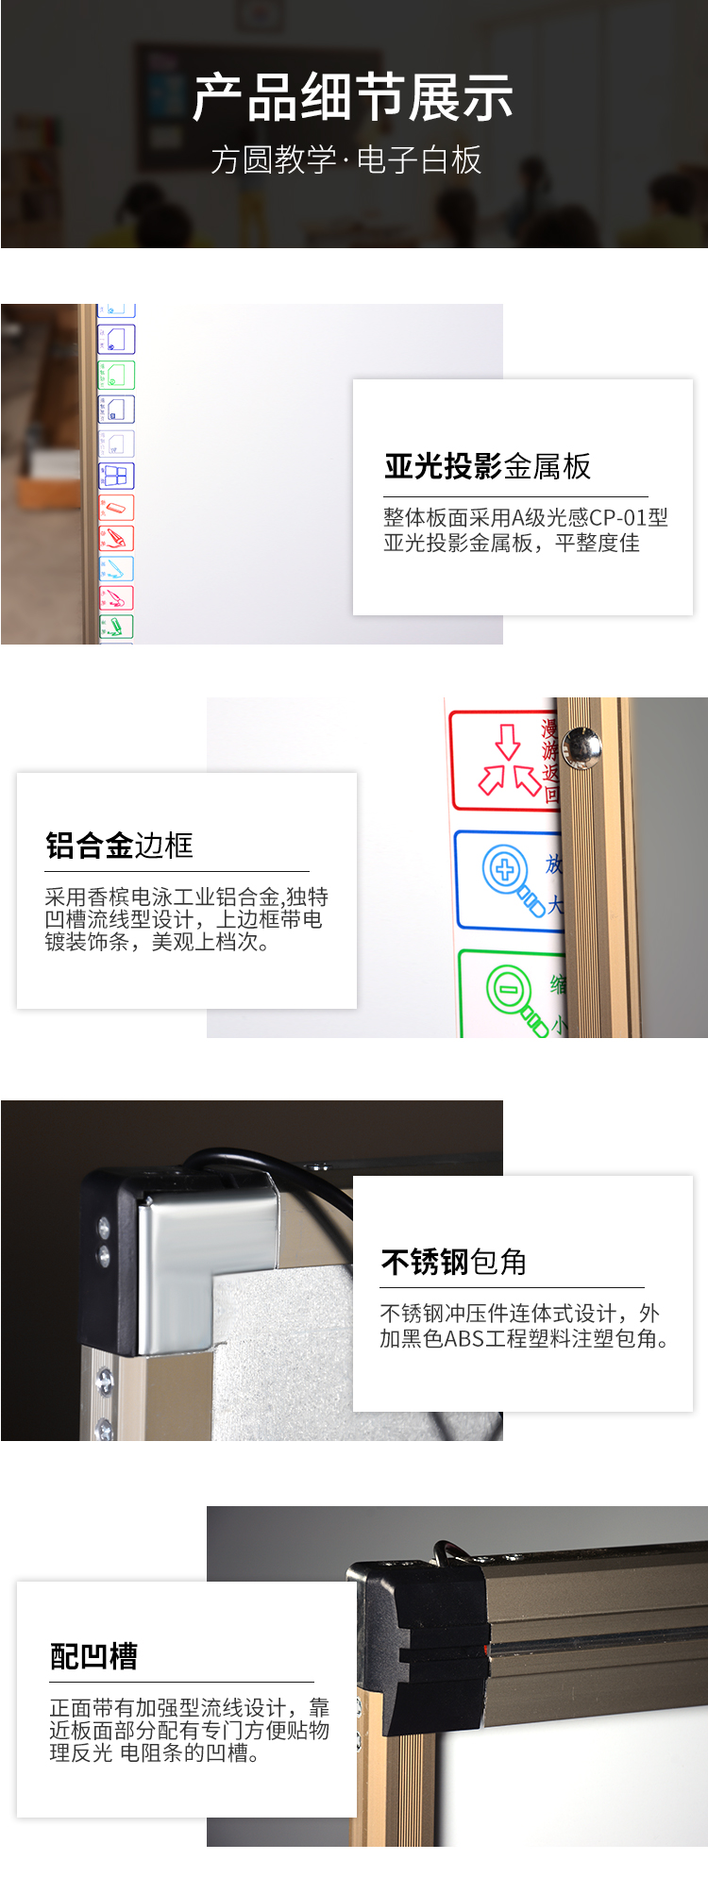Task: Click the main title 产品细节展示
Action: [x=353, y=98]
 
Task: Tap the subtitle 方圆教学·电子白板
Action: [x=346, y=159]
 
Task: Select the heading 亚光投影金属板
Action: [x=487, y=466]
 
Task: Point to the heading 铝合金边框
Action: [x=119, y=845]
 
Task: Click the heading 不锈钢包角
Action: [x=453, y=1262]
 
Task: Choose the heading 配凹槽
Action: [x=93, y=1655]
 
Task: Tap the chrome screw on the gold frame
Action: [x=582, y=747]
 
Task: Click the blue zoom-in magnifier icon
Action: [x=514, y=880]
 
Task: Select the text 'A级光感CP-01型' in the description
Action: [x=589, y=517]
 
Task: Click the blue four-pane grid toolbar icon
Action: [x=116, y=476]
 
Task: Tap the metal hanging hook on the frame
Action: [x=455, y=1550]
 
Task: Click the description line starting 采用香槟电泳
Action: [x=186, y=897]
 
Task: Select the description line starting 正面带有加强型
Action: [x=190, y=1707]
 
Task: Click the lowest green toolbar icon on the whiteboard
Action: [x=116, y=627]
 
